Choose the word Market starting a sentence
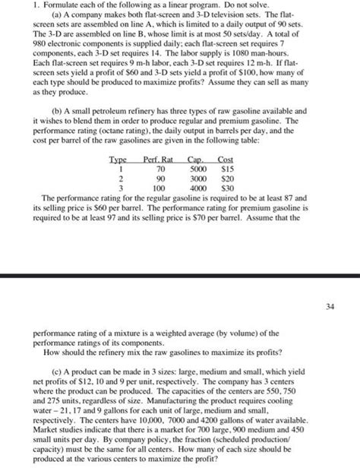tap(29, 432)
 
